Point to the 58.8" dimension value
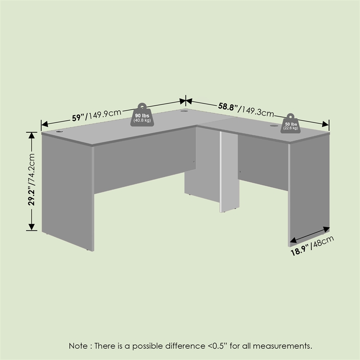coord(228,107)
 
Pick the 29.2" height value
coord(31,194)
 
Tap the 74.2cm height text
coord(31,167)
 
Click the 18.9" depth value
coord(300,251)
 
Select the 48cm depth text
coord(323,242)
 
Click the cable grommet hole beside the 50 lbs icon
coord(273,126)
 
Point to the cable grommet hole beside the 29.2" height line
coord(60,132)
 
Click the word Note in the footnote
coord(78,346)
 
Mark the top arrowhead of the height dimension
coord(31,135)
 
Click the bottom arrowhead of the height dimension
coord(31,227)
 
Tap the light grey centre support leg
coord(229,172)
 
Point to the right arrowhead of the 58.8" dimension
coord(325,124)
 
